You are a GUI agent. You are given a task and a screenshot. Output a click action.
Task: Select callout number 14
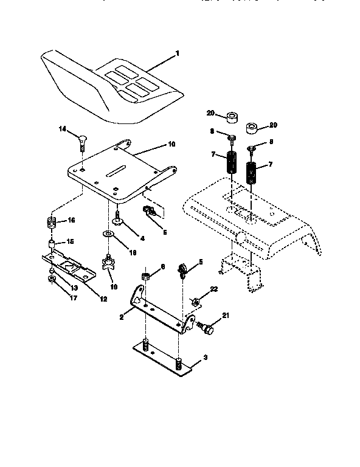tap(62, 130)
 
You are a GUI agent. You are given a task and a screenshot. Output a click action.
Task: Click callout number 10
tap(171, 145)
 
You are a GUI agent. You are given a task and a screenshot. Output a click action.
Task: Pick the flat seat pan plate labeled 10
tap(116, 173)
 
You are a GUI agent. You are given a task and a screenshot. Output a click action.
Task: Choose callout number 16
tap(71, 220)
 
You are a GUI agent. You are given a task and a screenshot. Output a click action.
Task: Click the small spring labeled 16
tap(52, 221)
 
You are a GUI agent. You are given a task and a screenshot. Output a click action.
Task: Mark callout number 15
tap(71, 241)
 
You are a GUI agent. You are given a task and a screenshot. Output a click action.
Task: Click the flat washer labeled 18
tap(108, 234)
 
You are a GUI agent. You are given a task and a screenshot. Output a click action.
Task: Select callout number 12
tap(104, 298)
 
